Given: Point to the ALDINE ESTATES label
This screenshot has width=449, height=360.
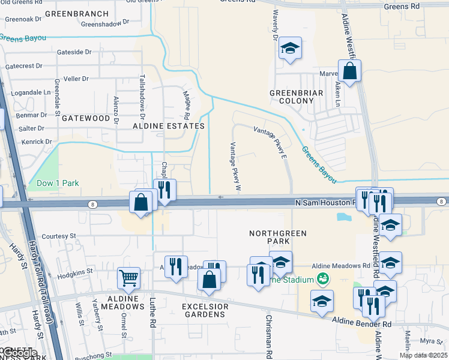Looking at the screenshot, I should pos(169,126).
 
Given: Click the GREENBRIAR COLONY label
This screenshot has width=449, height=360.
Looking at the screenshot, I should pos(297,97).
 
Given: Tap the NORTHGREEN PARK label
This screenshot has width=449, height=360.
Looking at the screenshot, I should pos(278,237).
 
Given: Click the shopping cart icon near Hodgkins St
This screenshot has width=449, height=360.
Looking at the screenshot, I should pos(128,278).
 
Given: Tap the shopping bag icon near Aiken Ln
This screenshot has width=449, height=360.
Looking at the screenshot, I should pos(349,71).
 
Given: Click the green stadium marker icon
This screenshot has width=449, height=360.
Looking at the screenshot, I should pos(324,279).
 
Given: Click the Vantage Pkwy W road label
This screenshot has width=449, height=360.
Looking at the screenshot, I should pos(235,167).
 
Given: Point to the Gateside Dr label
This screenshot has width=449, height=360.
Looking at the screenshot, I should pos(74,52).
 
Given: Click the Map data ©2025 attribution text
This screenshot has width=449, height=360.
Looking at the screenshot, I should pos(423,355).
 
